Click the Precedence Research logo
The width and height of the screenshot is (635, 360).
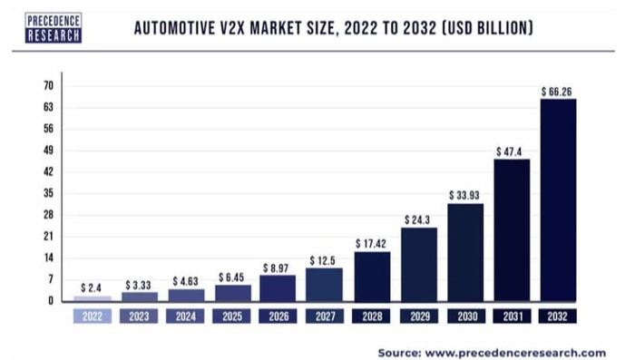54,28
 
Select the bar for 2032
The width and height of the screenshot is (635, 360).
557,199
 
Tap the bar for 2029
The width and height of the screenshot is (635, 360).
418,263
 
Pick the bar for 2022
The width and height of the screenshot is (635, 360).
91,297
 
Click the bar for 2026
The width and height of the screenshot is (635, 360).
277,287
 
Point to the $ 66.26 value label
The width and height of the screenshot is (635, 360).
557,92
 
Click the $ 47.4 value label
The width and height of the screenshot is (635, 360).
511,151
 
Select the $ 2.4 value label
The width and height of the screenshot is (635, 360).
91,287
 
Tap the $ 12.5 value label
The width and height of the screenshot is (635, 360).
324,260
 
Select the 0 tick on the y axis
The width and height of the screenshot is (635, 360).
51,300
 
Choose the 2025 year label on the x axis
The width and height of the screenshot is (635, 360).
230,317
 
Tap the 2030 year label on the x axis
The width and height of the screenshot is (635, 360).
464,317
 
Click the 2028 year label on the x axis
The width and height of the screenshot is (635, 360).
371,317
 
